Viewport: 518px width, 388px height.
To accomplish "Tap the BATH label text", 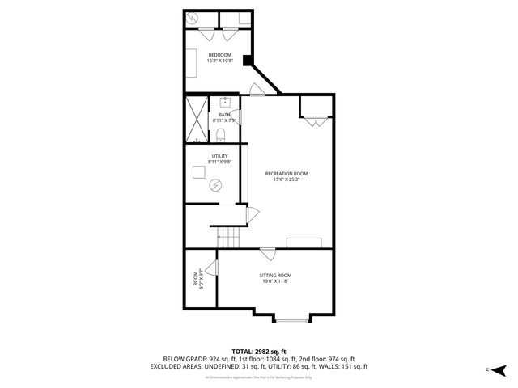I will pyautogui.click(x=223, y=115).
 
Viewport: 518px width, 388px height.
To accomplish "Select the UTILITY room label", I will pyautogui.click(x=219, y=156).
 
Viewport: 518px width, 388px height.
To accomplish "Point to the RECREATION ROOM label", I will pyautogui.click(x=287, y=173).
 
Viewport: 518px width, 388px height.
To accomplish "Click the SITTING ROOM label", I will pyautogui.click(x=275, y=276).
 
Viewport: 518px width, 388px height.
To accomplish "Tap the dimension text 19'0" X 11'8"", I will pyautogui.click(x=275, y=282).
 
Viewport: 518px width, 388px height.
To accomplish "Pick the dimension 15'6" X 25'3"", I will pyautogui.click(x=287, y=179).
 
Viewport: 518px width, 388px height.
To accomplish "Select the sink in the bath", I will pyautogui.click(x=223, y=103).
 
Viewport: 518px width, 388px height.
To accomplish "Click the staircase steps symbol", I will pyautogui.click(x=229, y=237).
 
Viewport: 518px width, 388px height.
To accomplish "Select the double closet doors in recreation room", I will pyautogui.click(x=316, y=120).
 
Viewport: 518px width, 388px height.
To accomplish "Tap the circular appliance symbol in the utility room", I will pyautogui.click(x=216, y=186).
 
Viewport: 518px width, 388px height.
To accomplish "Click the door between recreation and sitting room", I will pyautogui.click(x=267, y=253).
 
